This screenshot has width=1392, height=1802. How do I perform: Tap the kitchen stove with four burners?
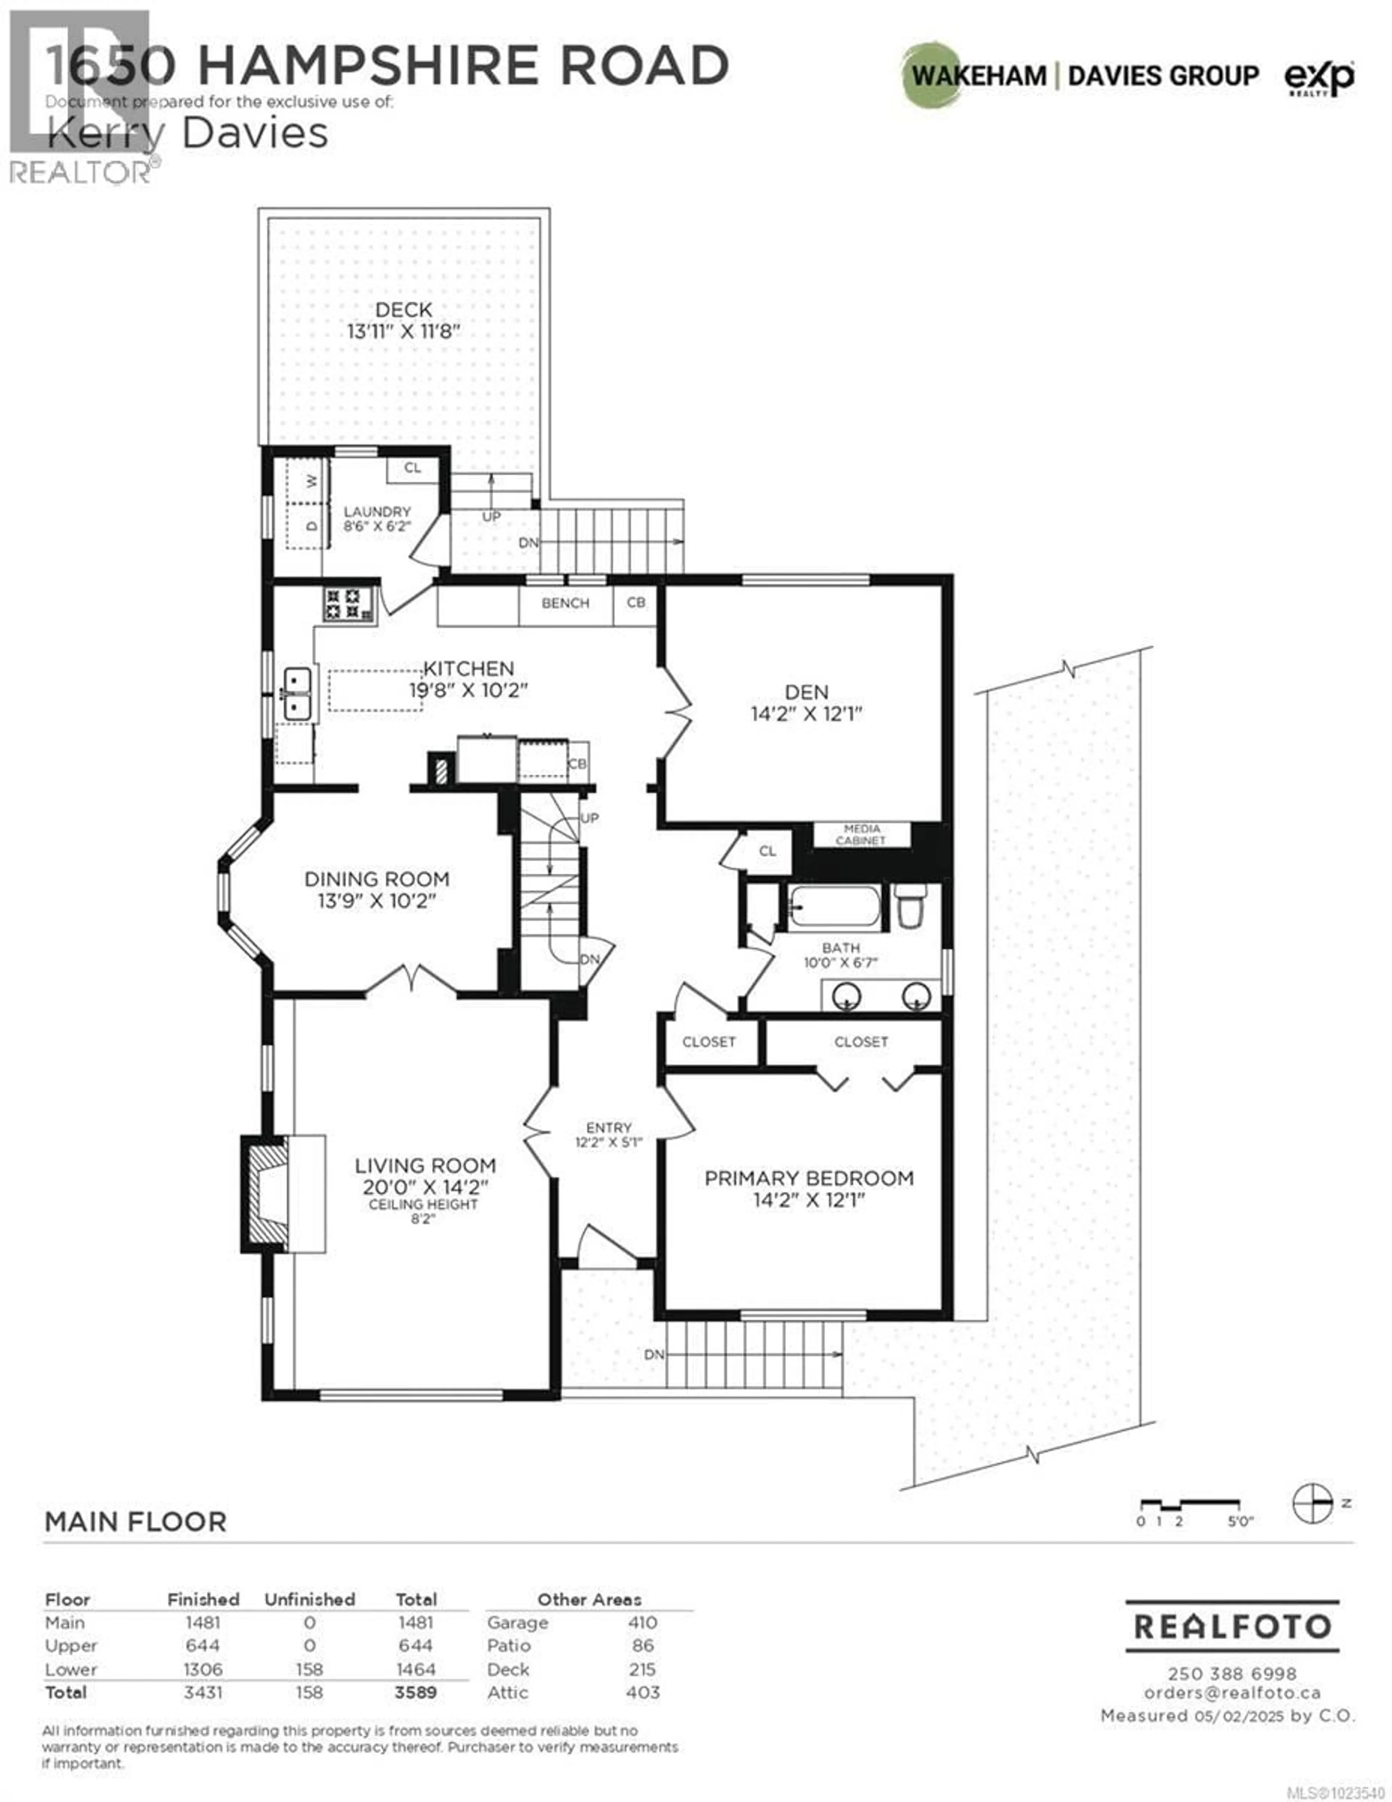pyautogui.click(x=343, y=603)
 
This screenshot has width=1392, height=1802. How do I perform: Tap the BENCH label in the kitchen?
pyautogui.click(x=565, y=603)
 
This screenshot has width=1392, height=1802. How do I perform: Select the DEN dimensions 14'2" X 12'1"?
pyautogui.click(x=806, y=714)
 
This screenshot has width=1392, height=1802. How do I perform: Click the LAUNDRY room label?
pyautogui.click(x=377, y=511)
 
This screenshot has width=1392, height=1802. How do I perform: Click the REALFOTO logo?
pyautogui.click(x=1232, y=1626)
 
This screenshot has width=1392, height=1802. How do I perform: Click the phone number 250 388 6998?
pyautogui.click(x=1232, y=1674)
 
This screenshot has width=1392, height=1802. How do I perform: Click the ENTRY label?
pyautogui.click(x=609, y=1127)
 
